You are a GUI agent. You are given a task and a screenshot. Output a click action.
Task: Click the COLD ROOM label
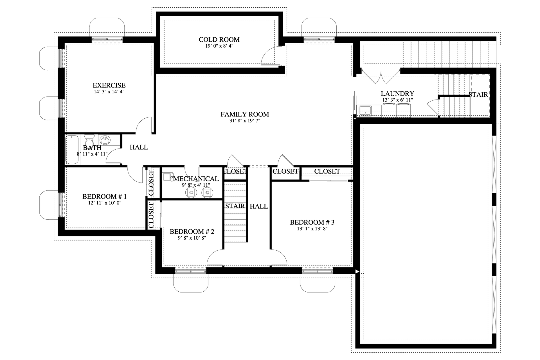click(219, 40)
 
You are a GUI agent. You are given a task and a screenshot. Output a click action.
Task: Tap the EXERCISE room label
click(109, 85)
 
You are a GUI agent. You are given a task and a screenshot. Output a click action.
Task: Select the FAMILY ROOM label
click(244, 114)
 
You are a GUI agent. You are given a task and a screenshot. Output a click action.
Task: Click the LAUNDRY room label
click(397, 94)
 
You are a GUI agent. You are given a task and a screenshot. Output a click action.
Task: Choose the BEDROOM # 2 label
click(192, 231)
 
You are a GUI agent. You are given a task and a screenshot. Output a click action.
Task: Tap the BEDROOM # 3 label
click(312, 222)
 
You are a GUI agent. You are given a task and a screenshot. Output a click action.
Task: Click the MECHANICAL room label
click(196, 179)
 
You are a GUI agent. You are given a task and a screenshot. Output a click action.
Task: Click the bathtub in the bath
click(72, 150)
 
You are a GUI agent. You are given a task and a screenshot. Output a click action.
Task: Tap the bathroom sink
click(105, 140)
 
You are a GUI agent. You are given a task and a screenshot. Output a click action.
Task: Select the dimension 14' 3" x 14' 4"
click(109, 92)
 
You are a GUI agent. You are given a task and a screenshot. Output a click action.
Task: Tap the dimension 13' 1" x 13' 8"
click(312, 229)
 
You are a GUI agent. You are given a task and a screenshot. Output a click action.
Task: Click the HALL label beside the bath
click(139, 147)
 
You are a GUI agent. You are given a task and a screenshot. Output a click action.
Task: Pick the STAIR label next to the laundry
click(478, 95)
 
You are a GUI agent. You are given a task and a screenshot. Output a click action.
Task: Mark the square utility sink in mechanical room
click(167, 177)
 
